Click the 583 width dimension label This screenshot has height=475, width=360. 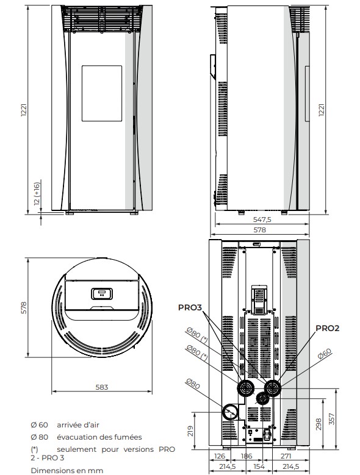click(102, 387)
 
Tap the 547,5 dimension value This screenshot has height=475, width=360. click(262, 220)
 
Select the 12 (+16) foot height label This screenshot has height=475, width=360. click(37, 193)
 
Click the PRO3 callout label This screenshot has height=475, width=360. click(190, 307)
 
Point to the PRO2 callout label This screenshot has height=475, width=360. click(327, 329)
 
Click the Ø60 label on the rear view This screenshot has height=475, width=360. click(325, 354)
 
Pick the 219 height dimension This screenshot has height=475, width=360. click(190, 430)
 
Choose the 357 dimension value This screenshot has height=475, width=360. click(332, 419)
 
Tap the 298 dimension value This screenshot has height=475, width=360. click(318, 424)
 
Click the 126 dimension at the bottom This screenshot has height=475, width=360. click(220, 456)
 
